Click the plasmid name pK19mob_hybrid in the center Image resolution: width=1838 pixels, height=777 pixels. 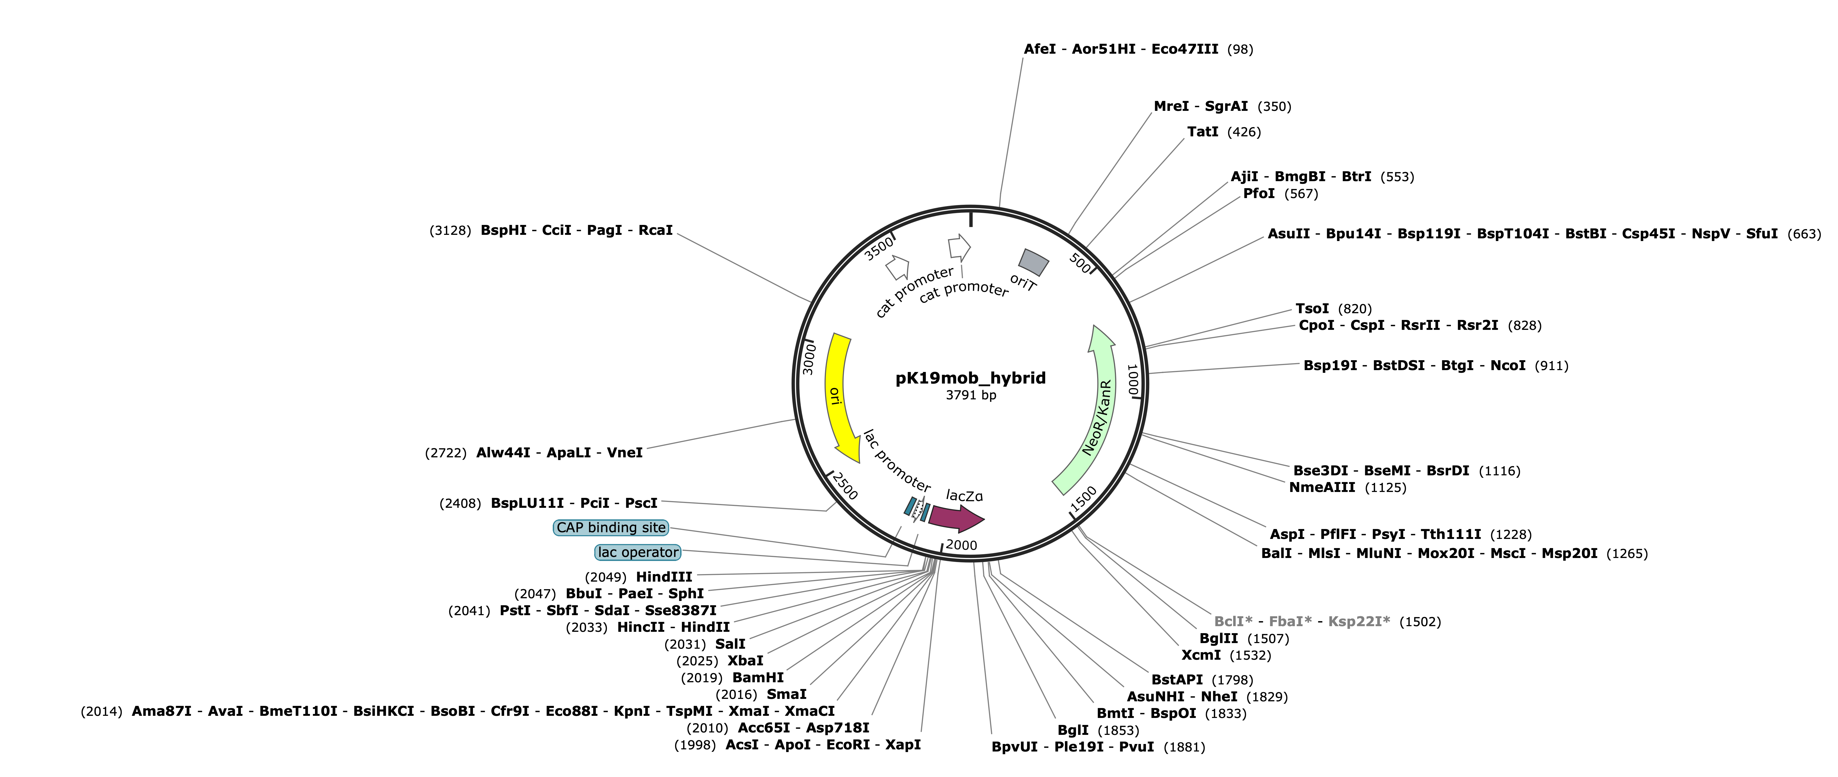tap(970, 378)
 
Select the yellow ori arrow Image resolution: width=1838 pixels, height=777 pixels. tap(835, 396)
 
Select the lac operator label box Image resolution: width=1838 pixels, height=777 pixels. tap(638, 552)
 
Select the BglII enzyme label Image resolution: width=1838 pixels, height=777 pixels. tap(1219, 639)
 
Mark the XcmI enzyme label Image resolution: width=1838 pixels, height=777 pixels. tap(1201, 655)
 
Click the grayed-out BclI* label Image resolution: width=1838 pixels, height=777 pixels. tap(1233, 621)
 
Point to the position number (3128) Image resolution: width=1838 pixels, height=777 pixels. tap(450, 231)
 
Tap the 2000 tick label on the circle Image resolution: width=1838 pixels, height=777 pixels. tap(961, 545)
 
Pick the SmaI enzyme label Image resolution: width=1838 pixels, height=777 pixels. tap(786, 694)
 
